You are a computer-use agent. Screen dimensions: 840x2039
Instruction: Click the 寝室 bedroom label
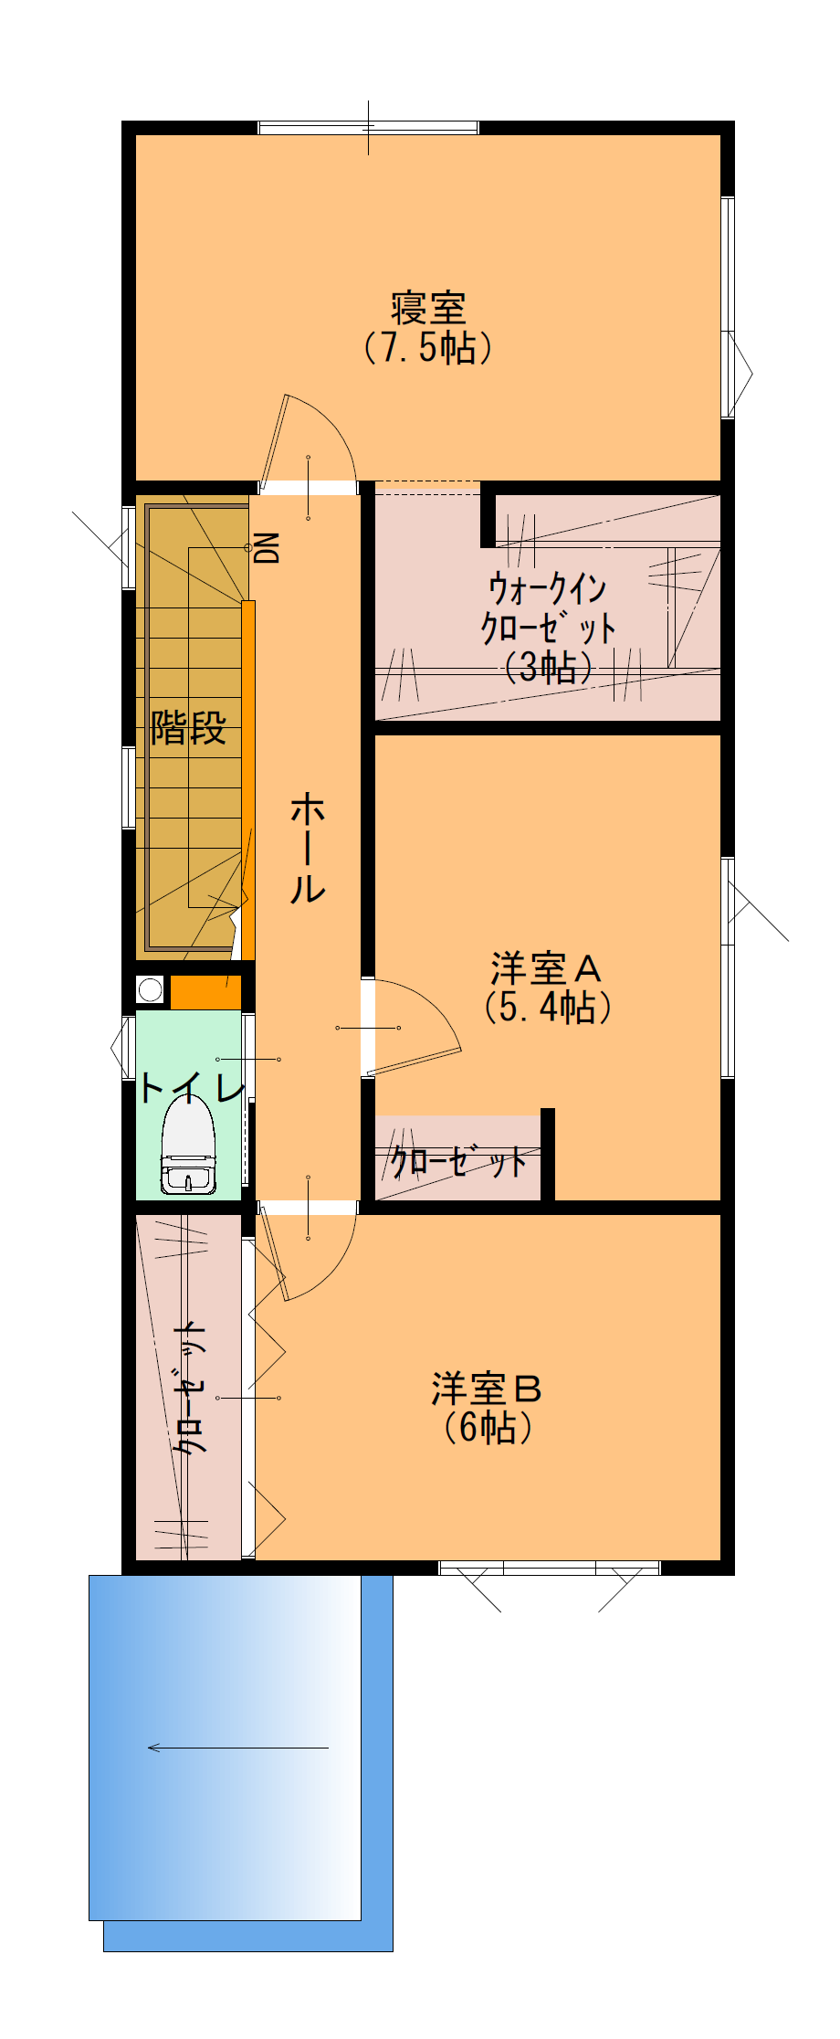tap(428, 308)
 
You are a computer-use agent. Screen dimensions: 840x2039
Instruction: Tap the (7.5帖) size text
tap(428, 347)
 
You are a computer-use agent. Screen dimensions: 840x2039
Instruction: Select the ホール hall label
tap(308, 849)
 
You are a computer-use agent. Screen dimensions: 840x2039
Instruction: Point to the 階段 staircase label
tap(188, 728)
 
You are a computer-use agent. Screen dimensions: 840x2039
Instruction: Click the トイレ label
tap(192, 1087)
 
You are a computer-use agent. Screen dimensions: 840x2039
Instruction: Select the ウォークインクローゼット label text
tap(548, 608)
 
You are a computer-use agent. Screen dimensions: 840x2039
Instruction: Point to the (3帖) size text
tap(548, 668)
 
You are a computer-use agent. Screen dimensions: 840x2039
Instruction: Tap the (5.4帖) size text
tap(547, 1007)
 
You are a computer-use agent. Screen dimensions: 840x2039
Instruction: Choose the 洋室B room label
tap(487, 1389)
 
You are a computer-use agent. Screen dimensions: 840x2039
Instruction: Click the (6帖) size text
tap(488, 1427)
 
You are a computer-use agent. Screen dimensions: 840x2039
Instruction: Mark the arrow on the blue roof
tap(237, 1748)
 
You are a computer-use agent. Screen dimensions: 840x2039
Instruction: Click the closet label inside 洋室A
tap(459, 1162)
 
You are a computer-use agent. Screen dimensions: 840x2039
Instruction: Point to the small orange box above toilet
tap(206, 992)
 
